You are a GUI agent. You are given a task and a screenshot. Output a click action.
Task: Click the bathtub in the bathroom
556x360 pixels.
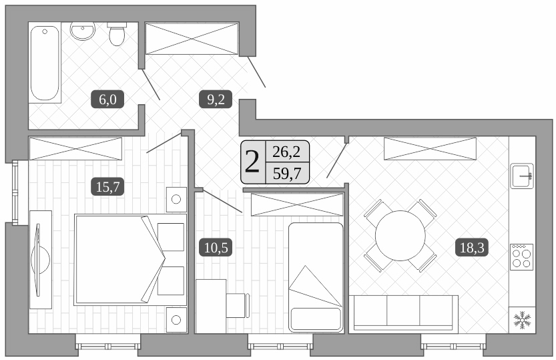(x=45, y=63)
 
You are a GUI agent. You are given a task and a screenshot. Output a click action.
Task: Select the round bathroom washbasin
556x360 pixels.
(x=83, y=31)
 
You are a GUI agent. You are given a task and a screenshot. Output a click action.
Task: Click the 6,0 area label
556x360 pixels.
(x=108, y=100)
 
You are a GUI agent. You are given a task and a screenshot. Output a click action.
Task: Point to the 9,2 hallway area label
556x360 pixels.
(x=215, y=100)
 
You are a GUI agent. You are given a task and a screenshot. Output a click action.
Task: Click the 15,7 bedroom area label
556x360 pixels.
(x=107, y=187)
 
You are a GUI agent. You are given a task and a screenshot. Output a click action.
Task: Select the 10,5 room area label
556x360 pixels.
(x=215, y=248)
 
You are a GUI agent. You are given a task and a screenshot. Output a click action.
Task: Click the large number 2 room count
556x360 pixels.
(x=252, y=162)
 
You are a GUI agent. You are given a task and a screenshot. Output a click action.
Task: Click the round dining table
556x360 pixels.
(x=400, y=236)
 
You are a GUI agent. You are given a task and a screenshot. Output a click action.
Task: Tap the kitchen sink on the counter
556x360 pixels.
(x=521, y=176)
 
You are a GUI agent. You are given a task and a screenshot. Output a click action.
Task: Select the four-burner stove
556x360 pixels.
(x=521, y=256)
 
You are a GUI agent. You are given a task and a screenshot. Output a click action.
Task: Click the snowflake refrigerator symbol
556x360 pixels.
(x=521, y=320)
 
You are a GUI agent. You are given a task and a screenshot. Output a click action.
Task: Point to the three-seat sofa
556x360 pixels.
(x=405, y=313)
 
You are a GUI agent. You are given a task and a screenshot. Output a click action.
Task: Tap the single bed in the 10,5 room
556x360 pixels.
(x=315, y=276)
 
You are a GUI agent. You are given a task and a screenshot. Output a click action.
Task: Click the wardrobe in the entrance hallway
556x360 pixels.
(x=192, y=39)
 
